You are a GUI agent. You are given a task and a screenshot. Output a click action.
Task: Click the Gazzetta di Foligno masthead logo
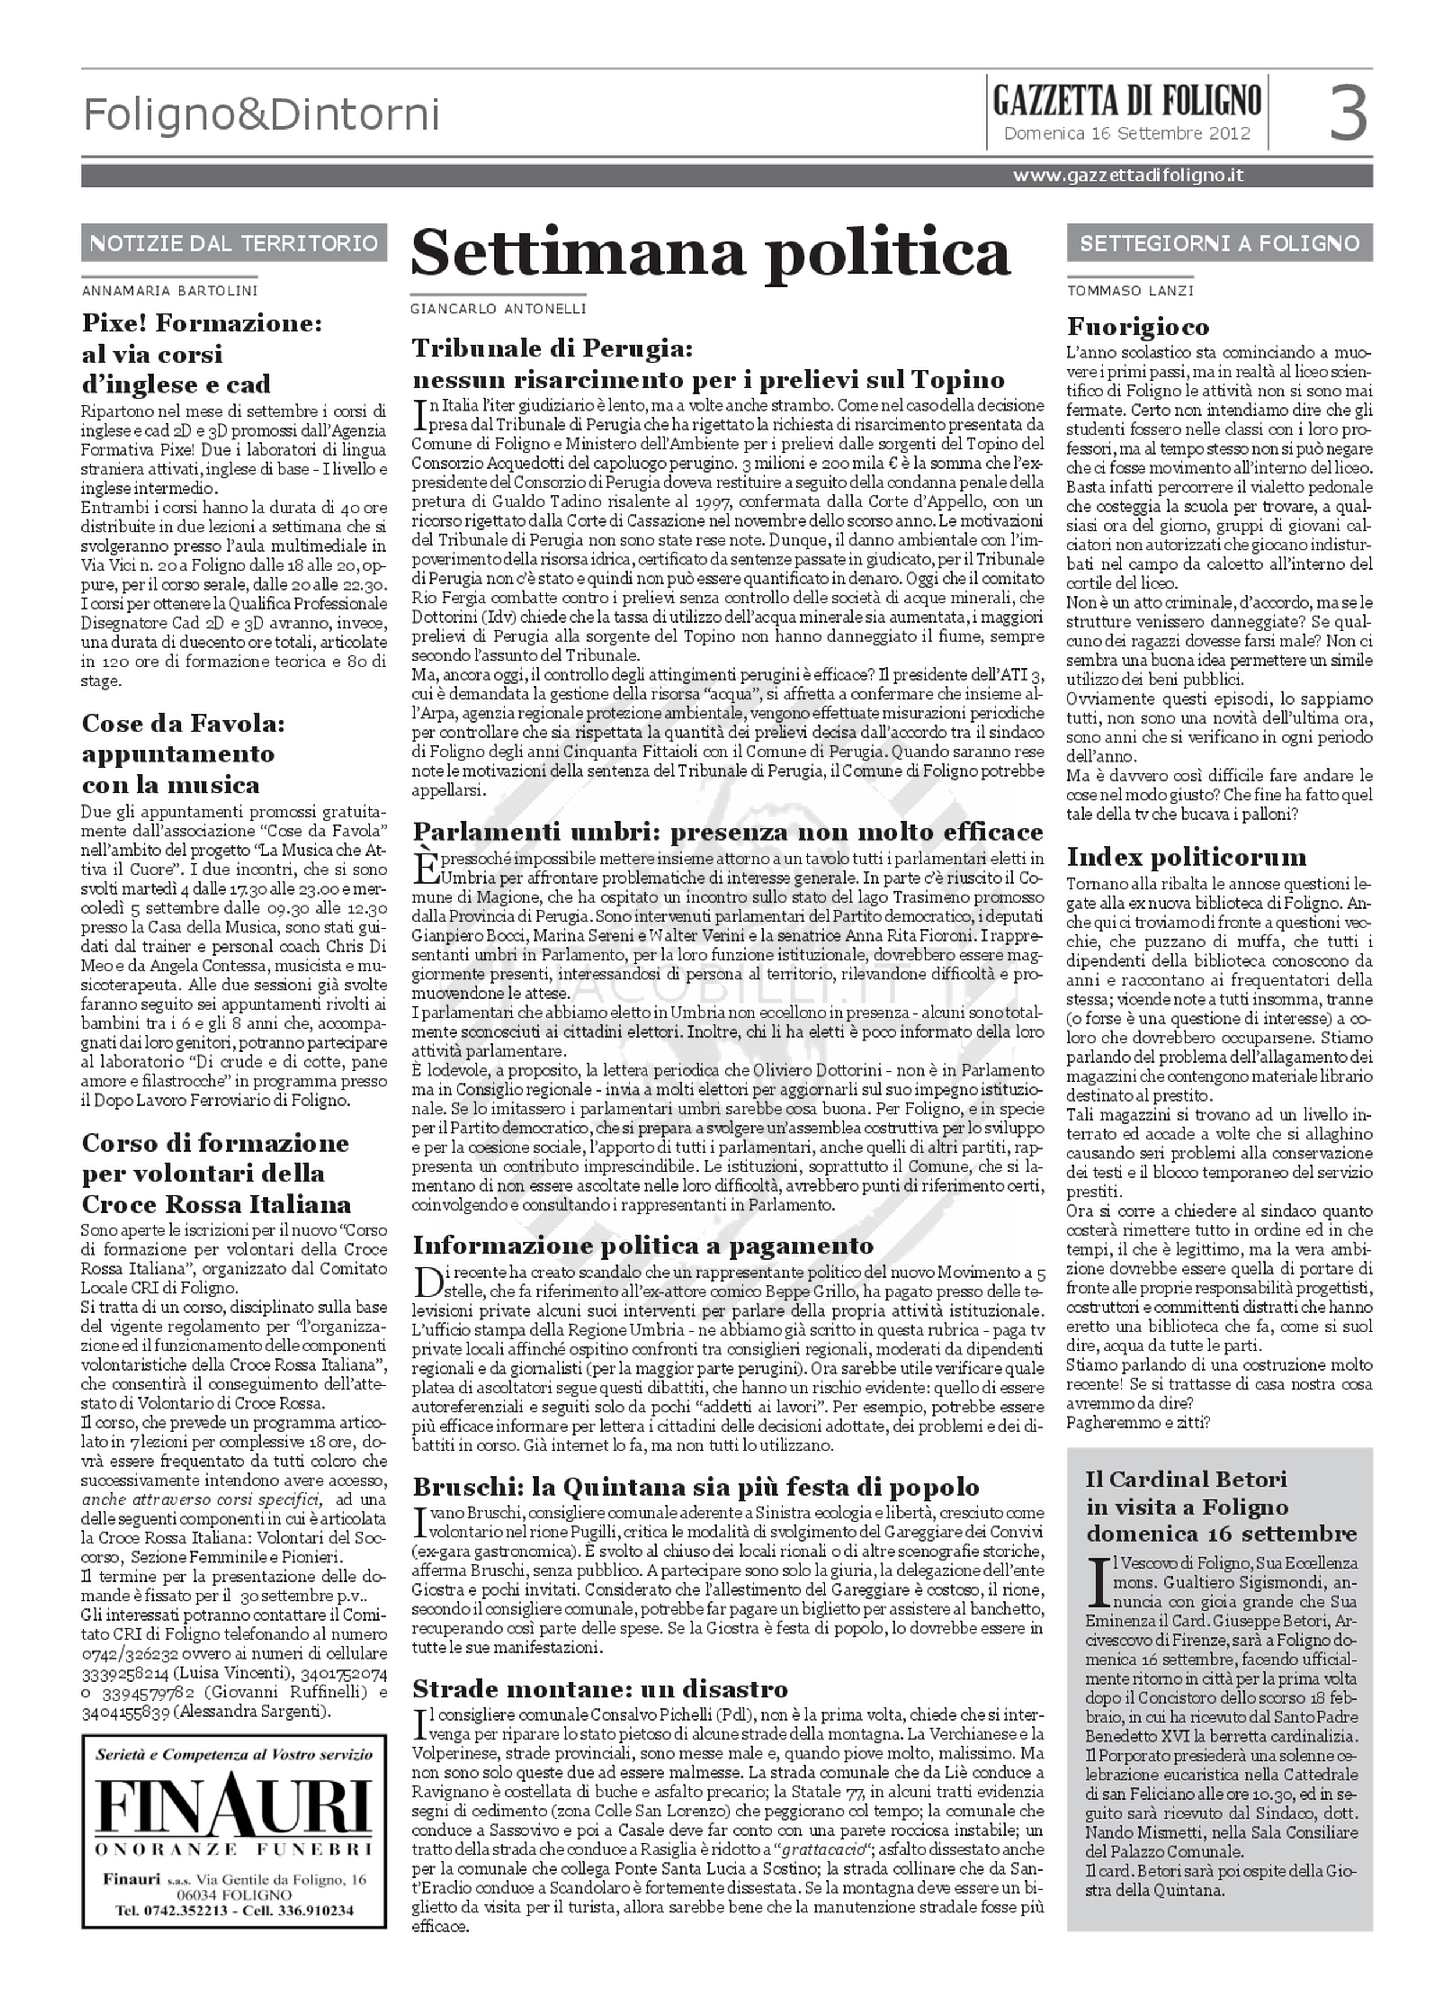[x=1127, y=101]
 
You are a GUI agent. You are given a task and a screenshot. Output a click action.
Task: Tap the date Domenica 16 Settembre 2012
[x=1127, y=134]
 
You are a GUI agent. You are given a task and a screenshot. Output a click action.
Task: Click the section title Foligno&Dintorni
[x=261, y=115]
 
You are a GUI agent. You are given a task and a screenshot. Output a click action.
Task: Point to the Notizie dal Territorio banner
[x=234, y=244]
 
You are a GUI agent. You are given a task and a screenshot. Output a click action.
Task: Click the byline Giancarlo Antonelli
[x=498, y=309]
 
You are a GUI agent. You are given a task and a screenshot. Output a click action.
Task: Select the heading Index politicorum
[x=1186, y=857]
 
